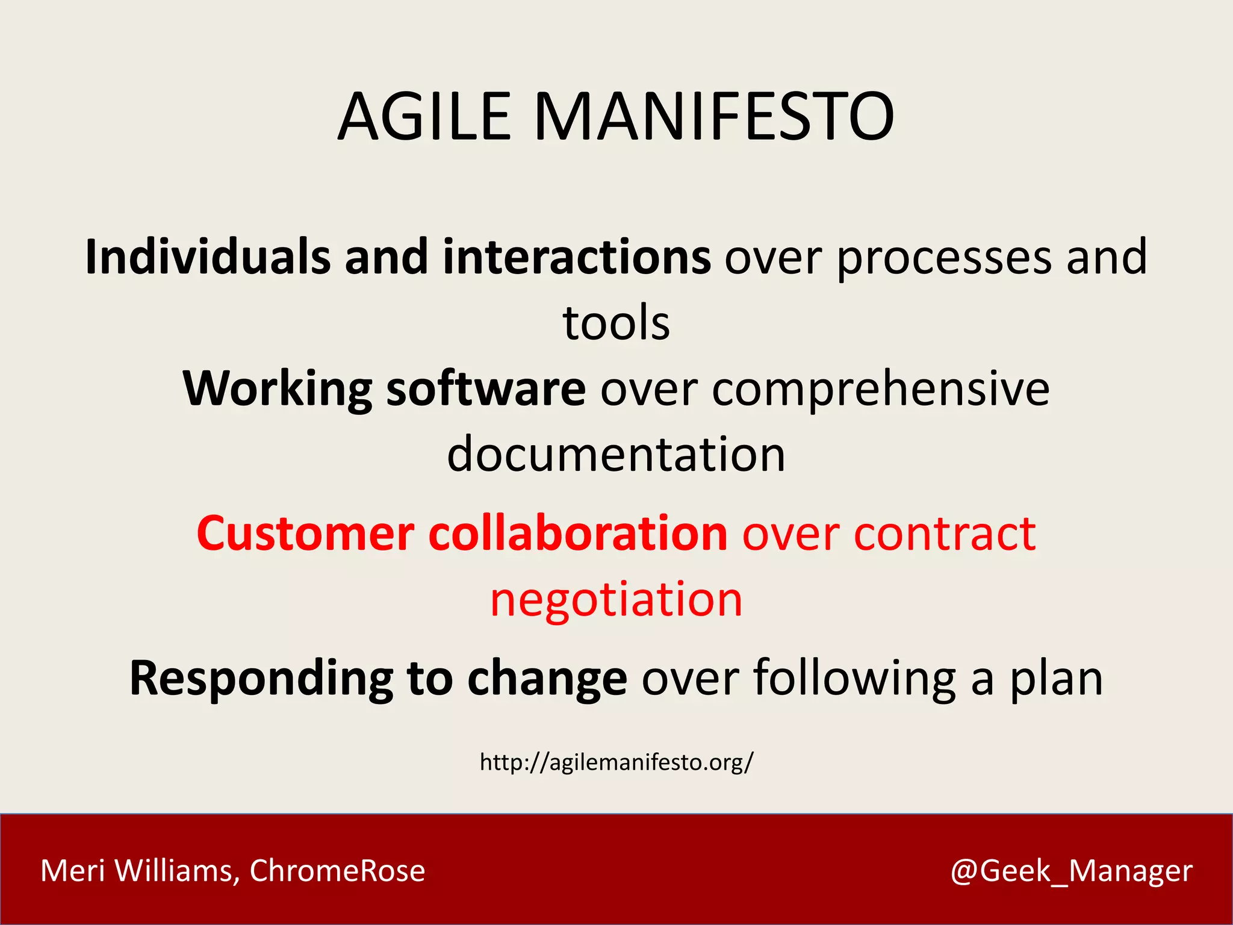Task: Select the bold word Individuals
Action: point(208,257)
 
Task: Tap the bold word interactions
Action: point(576,257)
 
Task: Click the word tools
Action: point(616,323)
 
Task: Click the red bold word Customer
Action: point(305,534)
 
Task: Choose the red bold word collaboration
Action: point(578,534)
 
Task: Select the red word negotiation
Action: point(616,600)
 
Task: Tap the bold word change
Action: point(547,679)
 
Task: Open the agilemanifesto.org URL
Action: point(616,762)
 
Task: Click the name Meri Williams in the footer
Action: point(136,871)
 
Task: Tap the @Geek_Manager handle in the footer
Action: point(1071,871)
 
